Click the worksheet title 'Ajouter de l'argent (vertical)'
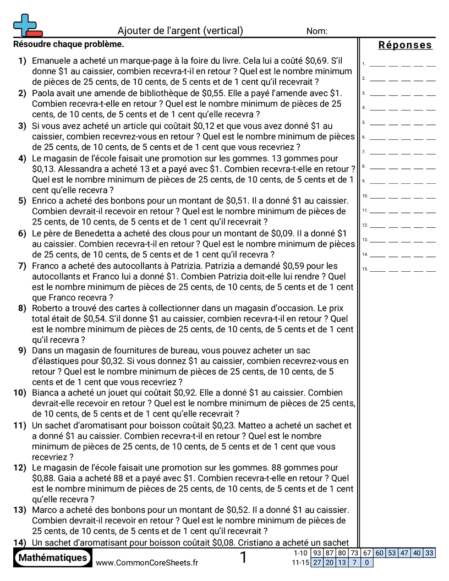(180, 31)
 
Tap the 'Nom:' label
(317, 31)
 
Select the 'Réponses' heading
(405, 45)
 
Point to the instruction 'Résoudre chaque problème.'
(68, 44)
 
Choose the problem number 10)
(20, 393)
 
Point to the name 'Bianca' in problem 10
(46, 393)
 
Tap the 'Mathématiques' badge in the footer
(53, 558)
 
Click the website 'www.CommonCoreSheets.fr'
(147, 562)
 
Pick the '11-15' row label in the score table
(300, 562)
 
